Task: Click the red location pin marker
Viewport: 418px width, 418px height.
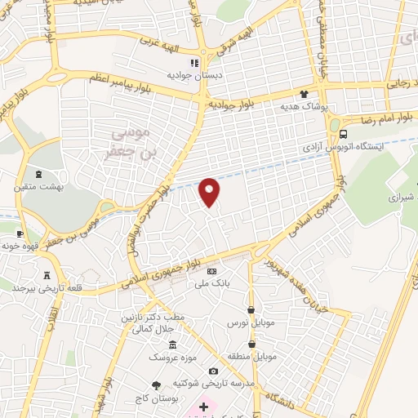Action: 210,191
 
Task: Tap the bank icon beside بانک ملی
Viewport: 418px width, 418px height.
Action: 212,271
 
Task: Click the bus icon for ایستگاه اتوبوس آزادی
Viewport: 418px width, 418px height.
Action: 343,133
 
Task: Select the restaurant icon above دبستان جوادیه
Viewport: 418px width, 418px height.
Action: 194,63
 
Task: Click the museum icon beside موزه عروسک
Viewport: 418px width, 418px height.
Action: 172,346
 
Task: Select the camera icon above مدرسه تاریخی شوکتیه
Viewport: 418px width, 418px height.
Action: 214,371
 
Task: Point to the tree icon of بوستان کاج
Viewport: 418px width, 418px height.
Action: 156,384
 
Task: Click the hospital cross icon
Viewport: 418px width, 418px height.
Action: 203,405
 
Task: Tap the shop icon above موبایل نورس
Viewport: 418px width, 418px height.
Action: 251,309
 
